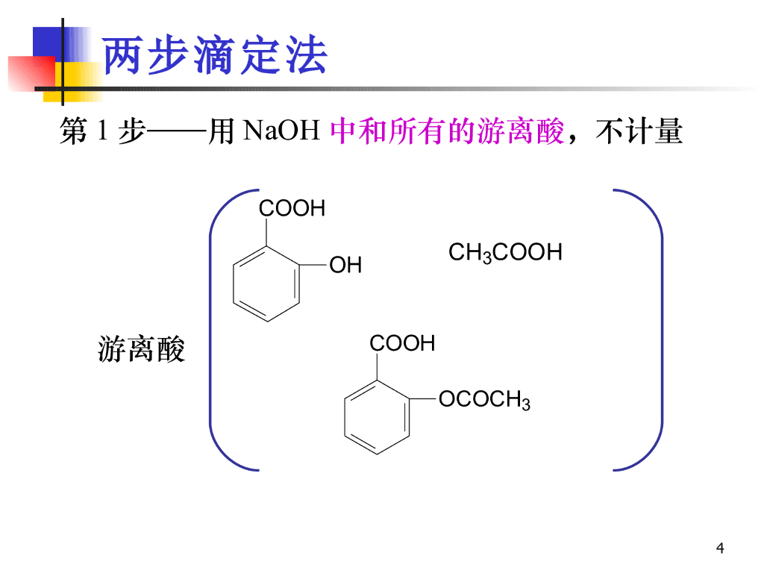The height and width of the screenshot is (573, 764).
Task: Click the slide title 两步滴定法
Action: click(x=215, y=56)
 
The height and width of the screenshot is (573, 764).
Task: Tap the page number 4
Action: click(x=720, y=549)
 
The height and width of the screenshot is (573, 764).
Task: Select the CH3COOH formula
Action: click(x=505, y=253)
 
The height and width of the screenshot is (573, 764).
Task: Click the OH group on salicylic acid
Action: click(x=345, y=265)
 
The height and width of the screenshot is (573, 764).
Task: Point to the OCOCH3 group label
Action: click(x=484, y=401)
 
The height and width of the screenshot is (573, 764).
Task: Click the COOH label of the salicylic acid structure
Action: click(x=292, y=209)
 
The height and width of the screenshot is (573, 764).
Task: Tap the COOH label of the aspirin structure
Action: click(x=402, y=344)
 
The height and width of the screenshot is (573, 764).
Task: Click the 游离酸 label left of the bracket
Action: click(x=141, y=349)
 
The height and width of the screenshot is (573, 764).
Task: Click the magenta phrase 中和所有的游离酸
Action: click(x=446, y=132)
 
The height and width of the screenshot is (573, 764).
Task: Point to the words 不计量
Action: click(x=639, y=132)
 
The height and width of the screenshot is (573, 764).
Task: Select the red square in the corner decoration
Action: click(x=30, y=73)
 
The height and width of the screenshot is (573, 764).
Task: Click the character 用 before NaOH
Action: click(x=222, y=132)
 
